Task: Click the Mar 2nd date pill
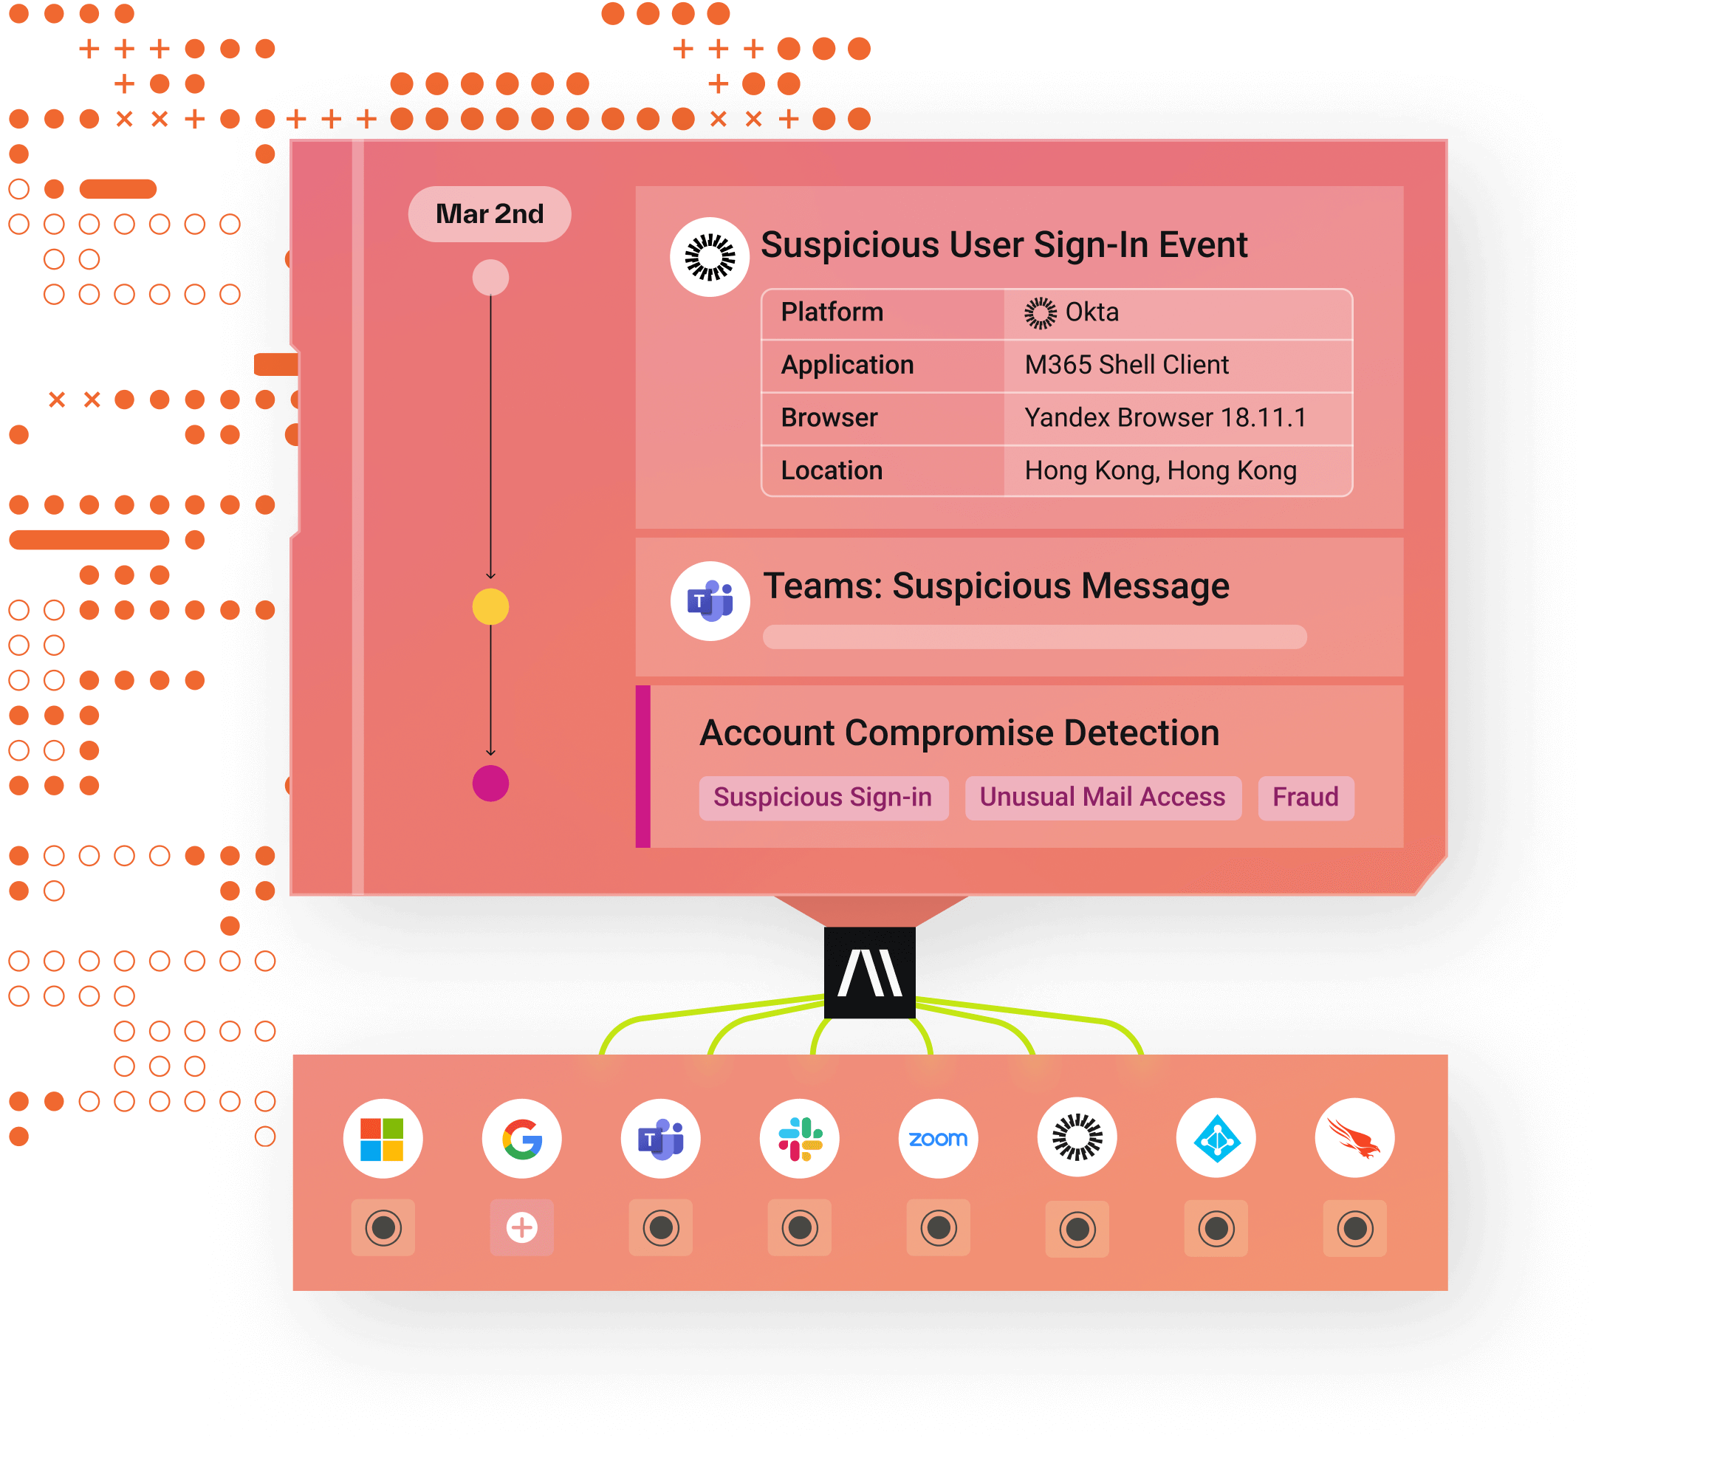[x=490, y=214]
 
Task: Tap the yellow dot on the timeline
[x=490, y=607]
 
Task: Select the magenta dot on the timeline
[x=490, y=784]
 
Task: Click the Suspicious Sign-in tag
[x=823, y=798]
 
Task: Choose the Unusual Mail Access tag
[x=1103, y=798]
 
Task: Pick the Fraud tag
[x=1306, y=798]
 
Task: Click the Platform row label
[x=832, y=312]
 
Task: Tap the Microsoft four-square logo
[x=383, y=1139]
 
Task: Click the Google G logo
[x=522, y=1139]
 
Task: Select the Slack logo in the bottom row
[x=800, y=1139]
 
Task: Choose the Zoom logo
[x=938, y=1139]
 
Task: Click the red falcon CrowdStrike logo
[x=1355, y=1139]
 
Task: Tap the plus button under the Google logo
[x=522, y=1227]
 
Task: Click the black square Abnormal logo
[x=869, y=973]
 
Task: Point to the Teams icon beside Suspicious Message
[x=710, y=601]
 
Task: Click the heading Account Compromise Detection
[x=960, y=733]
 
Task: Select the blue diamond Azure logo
[x=1216, y=1139]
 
